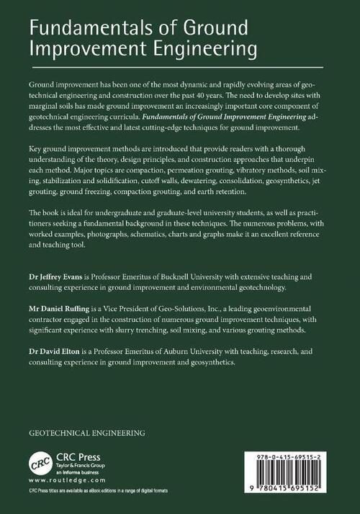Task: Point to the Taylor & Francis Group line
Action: click(78, 464)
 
